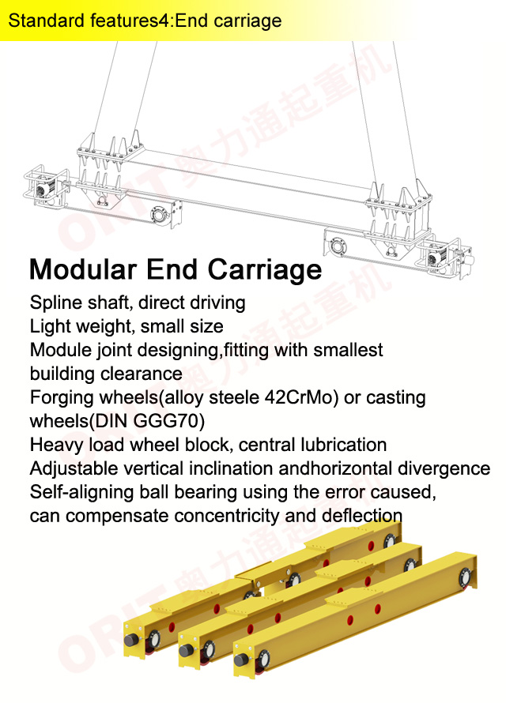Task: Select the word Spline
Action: tap(52, 303)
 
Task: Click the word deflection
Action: tap(362, 516)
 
